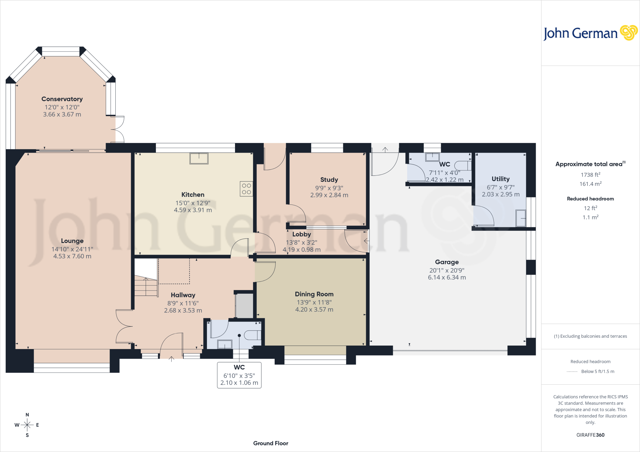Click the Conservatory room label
click(x=62, y=99)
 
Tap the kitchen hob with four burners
click(x=246, y=189)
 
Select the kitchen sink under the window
click(x=199, y=158)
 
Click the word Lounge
click(x=72, y=241)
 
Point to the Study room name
click(x=329, y=180)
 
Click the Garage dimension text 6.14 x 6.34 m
click(x=447, y=278)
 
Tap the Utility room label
click(x=501, y=179)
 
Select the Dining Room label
click(x=314, y=294)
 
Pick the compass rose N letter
click(x=27, y=415)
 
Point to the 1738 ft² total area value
click(x=590, y=175)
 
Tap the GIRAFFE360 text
click(x=590, y=435)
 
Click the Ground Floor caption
click(x=271, y=443)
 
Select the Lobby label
click(x=302, y=234)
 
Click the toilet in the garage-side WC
click(x=462, y=165)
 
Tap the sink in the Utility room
click(x=521, y=218)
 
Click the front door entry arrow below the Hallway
click(x=171, y=359)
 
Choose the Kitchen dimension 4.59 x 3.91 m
click(x=193, y=210)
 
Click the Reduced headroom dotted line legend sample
click(x=572, y=371)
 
